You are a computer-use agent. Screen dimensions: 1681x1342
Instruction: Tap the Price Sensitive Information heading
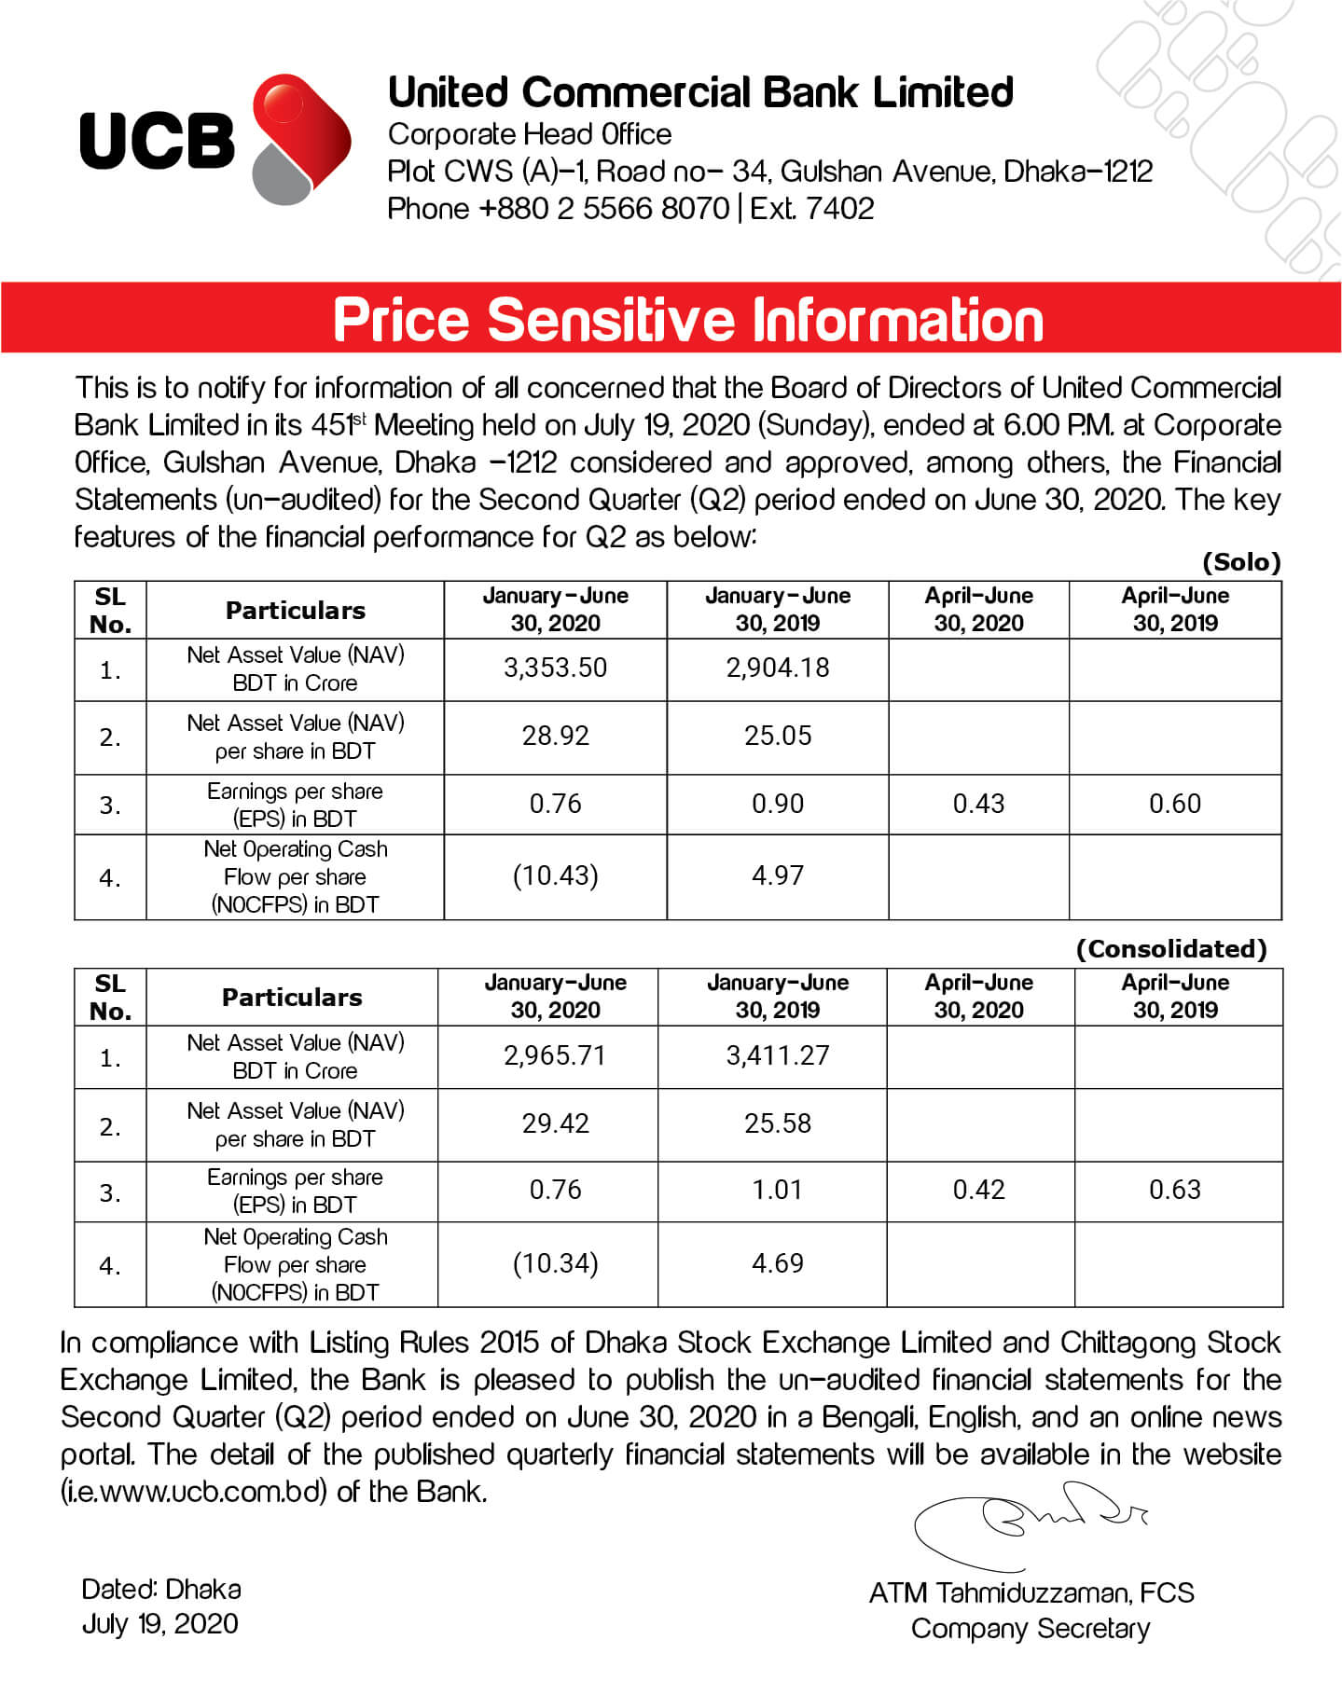pos(687,320)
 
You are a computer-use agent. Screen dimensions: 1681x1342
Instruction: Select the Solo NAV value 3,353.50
pos(555,668)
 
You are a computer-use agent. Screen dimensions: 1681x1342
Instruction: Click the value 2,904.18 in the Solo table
pos(778,668)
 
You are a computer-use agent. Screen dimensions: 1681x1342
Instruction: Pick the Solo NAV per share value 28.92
pos(555,736)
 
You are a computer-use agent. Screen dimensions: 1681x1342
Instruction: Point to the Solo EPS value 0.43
pos(978,804)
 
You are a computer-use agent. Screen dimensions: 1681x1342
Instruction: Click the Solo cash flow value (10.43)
pos(555,875)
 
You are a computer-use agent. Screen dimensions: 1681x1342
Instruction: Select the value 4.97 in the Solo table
pos(778,875)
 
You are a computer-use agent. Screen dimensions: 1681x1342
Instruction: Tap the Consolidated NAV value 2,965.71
pos(555,1055)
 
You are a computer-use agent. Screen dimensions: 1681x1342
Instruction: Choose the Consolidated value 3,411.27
pos(778,1055)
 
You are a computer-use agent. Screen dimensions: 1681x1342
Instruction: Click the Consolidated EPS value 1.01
pos(778,1190)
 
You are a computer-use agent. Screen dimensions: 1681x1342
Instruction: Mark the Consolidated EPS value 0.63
pos(1175,1190)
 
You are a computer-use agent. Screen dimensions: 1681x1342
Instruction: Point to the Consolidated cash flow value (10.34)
pos(555,1263)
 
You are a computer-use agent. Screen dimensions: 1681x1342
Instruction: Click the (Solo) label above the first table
pos(1241,562)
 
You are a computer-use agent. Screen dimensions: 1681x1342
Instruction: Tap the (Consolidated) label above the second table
pos(1171,949)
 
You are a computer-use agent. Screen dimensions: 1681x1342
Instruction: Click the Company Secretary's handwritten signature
pos(1026,1530)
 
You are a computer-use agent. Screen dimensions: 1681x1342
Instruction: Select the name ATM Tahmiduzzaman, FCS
pos(1031,1592)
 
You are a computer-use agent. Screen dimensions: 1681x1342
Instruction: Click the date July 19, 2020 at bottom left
pos(159,1624)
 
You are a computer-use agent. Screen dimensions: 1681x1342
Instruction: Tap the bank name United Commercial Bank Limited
pos(700,92)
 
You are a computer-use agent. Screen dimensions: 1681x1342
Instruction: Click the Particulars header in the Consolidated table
pos(292,997)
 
